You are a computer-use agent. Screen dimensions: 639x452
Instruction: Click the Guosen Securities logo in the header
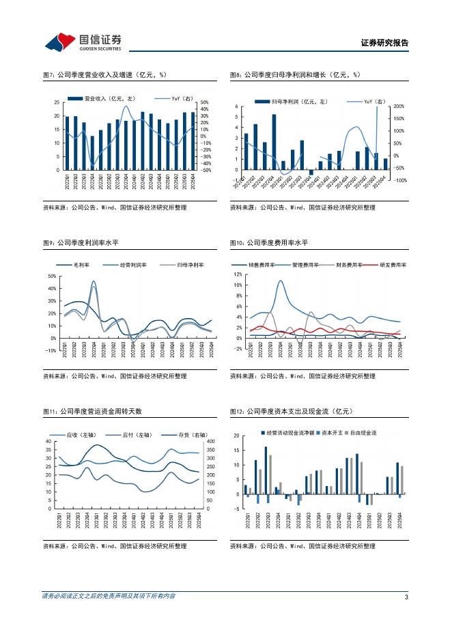pyautogui.click(x=82, y=42)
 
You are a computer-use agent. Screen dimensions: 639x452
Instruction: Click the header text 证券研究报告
pyautogui.click(x=384, y=43)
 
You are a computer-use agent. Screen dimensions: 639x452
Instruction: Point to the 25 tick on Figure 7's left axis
pyautogui.click(x=56, y=103)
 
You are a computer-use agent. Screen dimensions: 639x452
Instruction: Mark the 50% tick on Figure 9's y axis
pyautogui.click(x=52, y=276)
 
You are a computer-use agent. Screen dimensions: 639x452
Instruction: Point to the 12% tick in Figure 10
pyautogui.click(x=238, y=274)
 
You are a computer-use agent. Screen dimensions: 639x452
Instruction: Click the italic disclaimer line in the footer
pyautogui.click(x=109, y=596)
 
